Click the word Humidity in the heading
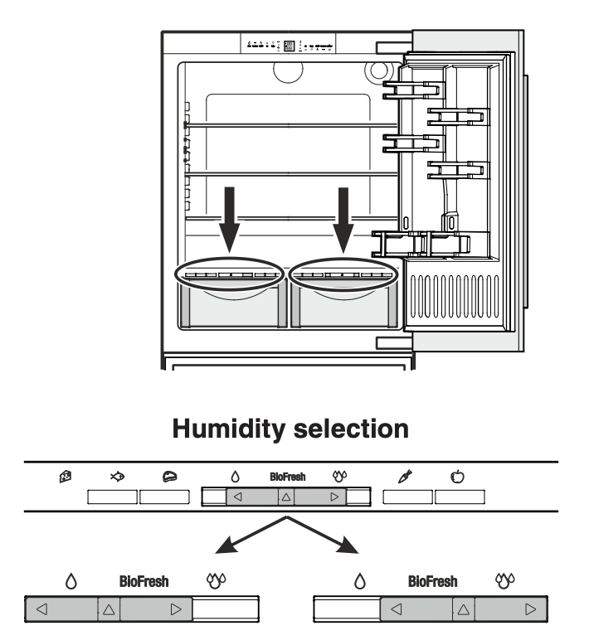[x=221, y=429]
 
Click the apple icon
[x=456, y=478]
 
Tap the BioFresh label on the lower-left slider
[x=144, y=582]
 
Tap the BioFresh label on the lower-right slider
[x=432, y=582]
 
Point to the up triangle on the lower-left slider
[x=109, y=608]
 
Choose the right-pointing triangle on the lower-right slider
[x=529, y=608]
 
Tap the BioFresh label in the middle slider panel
[x=287, y=478]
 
